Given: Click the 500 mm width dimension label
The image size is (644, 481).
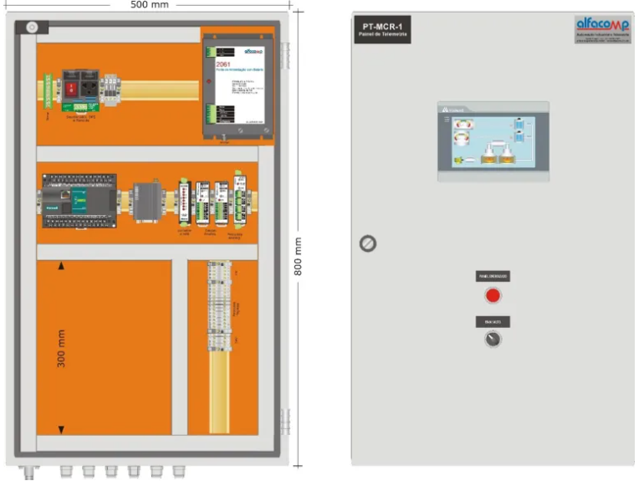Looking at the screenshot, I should click(x=150, y=5).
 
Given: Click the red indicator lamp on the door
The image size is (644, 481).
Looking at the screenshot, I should click(x=493, y=294).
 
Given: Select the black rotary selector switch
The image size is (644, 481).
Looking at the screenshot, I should click(x=493, y=340).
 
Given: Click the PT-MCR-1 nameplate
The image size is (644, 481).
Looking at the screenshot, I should click(x=381, y=30).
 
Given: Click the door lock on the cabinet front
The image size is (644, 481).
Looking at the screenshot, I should click(x=367, y=243).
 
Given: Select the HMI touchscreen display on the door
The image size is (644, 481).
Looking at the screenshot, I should click(x=493, y=142).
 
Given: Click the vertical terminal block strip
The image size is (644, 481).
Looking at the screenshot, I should click(x=222, y=306).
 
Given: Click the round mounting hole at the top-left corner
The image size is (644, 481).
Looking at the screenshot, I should click(x=32, y=28).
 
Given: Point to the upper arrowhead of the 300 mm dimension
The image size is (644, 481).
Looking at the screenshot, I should click(x=61, y=267).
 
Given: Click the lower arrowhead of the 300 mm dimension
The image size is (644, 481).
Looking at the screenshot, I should click(x=61, y=429).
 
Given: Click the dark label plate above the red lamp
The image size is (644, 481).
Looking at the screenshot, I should click(x=493, y=275).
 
